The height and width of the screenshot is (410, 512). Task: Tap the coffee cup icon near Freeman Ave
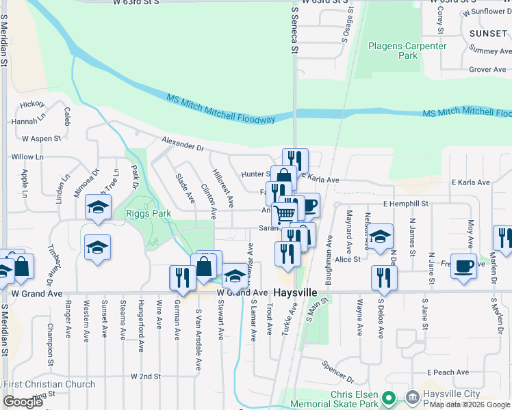[464, 266]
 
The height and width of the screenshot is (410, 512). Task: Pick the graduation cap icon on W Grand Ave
[235, 275]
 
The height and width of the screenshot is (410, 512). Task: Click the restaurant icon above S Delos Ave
[384, 277]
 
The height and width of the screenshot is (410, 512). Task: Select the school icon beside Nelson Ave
[381, 236]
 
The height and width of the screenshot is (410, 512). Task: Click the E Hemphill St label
[405, 204]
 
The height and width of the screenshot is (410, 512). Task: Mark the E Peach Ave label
[448, 372]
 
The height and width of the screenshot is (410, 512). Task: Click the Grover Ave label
[487, 70]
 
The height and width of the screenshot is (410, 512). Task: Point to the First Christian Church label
[49, 385]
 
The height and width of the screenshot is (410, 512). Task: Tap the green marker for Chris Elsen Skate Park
[389, 397]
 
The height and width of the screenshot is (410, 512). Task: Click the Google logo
[23, 402]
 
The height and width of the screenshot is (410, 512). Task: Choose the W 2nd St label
[145, 377]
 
